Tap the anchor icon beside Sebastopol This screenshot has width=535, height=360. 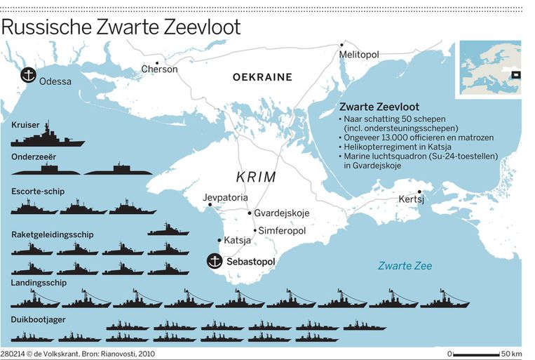pyautogui.click(x=214, y=261)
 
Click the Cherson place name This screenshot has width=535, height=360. pyautogui.click(x=159, y=69)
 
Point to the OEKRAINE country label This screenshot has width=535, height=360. pyautogui.click(x=262, y=77)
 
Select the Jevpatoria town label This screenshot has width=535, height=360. pyautogui.click(x=226, y=198)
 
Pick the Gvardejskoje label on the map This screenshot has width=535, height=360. pyautogui.click(x=281, y=213)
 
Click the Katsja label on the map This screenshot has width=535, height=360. pyautogui.click(x=238, y=241)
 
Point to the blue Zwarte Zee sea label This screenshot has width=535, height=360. pyautogui.click(x=405, y=266)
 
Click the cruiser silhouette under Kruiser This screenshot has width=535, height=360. pyautogui.click(x=47, y=136)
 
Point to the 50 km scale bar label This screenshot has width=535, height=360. pyautogui.click(x=511, y=354)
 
